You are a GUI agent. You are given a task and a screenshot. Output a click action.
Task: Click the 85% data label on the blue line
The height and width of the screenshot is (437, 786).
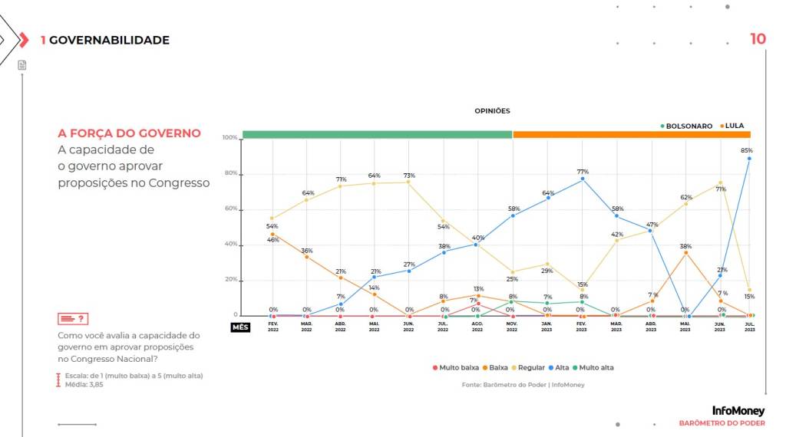pos(747,150)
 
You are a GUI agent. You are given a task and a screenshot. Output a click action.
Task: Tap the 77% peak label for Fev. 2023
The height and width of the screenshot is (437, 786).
pos(582,172)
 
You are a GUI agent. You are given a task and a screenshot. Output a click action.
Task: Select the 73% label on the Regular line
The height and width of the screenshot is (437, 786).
pos(409,176)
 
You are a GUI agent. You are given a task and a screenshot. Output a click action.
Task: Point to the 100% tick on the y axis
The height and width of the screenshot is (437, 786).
pos(230,138)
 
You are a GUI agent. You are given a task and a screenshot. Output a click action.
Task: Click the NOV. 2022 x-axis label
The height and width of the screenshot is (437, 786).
pos(512,327)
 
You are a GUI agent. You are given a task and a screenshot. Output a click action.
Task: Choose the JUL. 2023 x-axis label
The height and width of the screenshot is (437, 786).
pos(749,327)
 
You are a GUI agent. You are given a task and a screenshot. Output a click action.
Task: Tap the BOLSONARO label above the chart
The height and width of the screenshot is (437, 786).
pos(689,126)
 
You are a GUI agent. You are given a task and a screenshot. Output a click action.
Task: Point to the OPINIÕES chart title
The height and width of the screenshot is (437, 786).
pos(492,111)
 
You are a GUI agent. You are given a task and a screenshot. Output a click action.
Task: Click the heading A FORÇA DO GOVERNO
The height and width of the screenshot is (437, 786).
pos(129,133)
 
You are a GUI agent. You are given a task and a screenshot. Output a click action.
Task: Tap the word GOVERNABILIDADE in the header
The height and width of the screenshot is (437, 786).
pos(109,40)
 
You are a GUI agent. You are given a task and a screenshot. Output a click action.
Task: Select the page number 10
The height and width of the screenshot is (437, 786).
pos(758,39)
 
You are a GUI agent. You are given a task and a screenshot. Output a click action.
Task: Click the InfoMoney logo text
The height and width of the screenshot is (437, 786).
pos(738,411)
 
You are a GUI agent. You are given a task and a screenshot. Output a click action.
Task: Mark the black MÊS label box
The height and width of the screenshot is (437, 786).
pos(240,327)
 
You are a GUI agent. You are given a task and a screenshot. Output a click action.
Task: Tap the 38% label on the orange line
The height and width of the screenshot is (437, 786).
pos(685,247)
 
